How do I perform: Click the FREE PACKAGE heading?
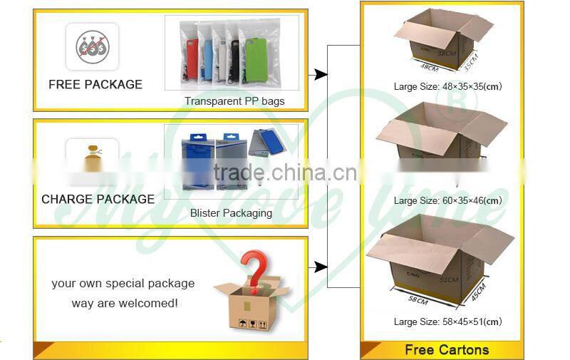pos(95,84)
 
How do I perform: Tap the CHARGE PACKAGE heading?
pos(98,199)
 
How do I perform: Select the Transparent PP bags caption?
pos(234,101)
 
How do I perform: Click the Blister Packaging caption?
pos(231,213)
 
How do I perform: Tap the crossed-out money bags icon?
pos(92,47)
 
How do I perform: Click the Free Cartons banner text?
pos(447,349)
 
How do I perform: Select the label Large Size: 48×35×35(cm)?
pos(447,87)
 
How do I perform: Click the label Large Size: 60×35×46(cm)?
pos(447,200)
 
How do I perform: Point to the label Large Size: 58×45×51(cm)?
pos(447,322)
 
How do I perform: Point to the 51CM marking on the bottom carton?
pos(448,280)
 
